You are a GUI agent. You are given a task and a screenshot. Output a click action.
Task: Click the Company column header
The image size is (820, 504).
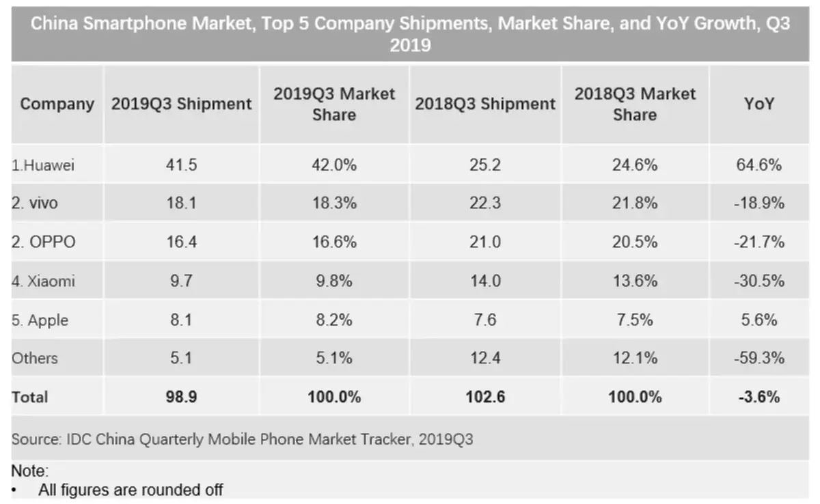point(57,104)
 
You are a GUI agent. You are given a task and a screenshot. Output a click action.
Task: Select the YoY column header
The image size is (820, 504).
point(758,104)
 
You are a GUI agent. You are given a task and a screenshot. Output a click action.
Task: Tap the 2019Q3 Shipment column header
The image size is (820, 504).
point(182,104)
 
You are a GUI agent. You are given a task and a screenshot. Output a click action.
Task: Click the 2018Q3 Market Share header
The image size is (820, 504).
point(635,104)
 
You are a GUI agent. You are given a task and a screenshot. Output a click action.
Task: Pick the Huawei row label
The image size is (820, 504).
point(43,165)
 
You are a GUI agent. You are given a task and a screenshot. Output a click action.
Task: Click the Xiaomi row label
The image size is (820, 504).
point(43,281)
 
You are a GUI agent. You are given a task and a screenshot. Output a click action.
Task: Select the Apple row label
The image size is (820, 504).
point(40,320)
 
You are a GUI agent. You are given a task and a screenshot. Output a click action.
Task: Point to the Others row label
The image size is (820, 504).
point(35,359)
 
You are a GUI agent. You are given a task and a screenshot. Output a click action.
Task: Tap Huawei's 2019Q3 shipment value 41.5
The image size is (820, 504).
point(182,165)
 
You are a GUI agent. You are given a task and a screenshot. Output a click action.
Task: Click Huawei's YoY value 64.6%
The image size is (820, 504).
point(758,165)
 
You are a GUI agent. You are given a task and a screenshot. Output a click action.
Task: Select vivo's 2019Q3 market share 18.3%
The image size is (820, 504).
point(334,204)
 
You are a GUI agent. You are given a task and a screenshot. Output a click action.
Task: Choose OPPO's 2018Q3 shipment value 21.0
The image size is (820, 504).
point(485,242)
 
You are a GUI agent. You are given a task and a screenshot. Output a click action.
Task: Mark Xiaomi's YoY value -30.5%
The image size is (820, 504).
point(758,281)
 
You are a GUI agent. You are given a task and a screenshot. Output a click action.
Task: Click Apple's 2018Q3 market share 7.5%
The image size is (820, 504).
point(635,320)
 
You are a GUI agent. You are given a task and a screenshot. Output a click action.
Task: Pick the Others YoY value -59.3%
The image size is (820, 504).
point(758,359)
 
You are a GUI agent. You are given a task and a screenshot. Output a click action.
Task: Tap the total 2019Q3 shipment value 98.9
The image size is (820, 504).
point(182,397)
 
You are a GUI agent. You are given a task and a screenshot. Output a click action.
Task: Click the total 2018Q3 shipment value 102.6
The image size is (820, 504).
point(485,397)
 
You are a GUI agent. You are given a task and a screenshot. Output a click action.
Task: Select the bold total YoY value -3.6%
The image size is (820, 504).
point(758,397)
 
